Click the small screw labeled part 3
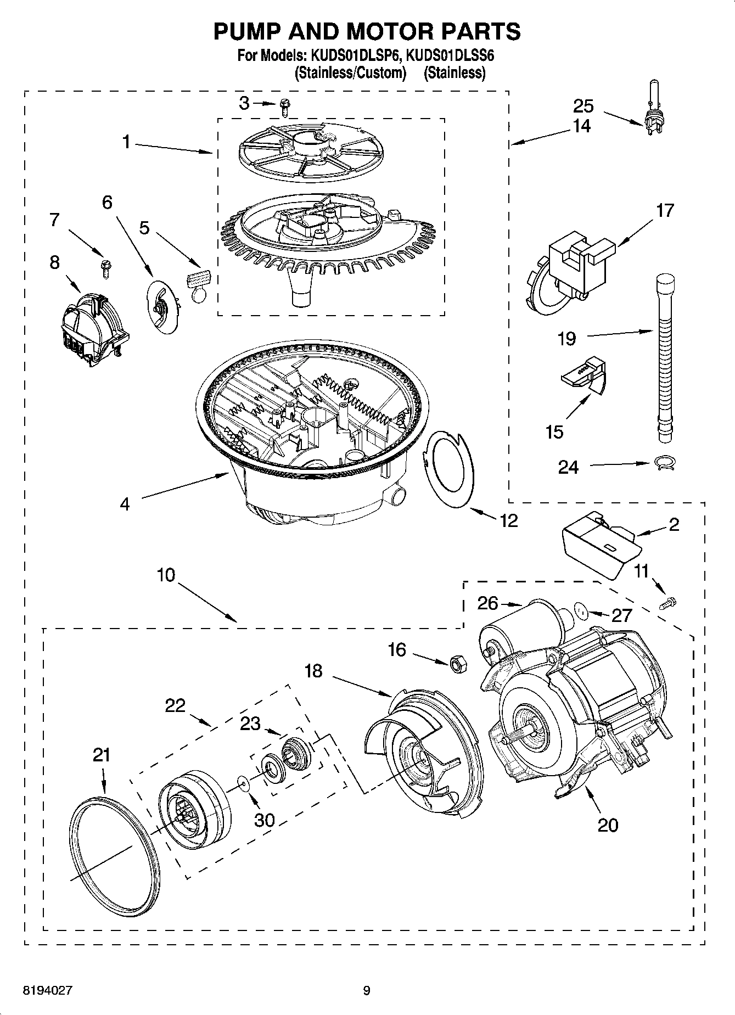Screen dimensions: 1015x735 point(284,106)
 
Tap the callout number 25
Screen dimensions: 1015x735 point(583,105)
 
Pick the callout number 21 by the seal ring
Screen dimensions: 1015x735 point(101,755)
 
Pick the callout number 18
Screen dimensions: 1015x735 point(313,671)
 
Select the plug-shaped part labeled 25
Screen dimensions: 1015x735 point(653,118)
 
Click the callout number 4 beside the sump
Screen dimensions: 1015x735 point(125,503)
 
